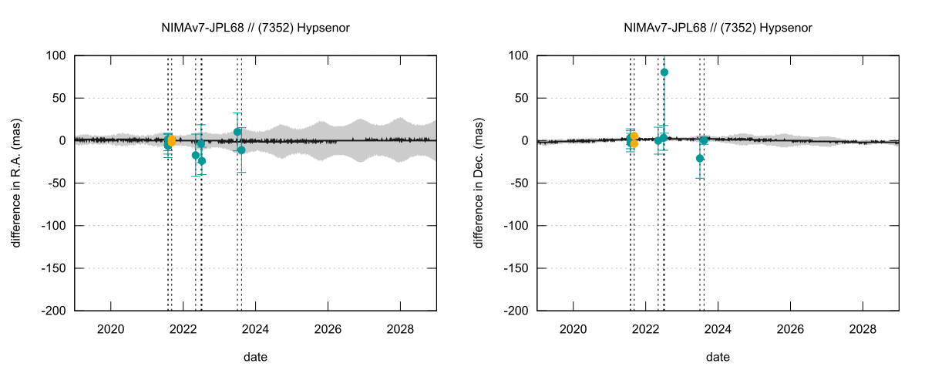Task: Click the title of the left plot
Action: coord(255,28)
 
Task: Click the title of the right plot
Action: coord(718,28)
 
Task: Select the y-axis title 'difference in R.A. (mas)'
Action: coord(16,183)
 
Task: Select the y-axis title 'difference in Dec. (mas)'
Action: coord(479,183)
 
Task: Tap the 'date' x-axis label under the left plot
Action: coord(255,357)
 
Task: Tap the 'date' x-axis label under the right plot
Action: coord(718,357)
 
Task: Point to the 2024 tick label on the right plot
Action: coord(718,328)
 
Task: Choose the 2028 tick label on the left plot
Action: coord(400,328)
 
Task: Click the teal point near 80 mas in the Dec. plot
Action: coord(664,72)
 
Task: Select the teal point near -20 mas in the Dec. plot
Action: coord(700,158)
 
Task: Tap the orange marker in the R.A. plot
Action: coord(171,140)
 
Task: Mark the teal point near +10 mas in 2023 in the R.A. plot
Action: coord(237,132)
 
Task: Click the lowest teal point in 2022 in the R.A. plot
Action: coord(202,160)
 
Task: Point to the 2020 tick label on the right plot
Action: coord(573,328)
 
